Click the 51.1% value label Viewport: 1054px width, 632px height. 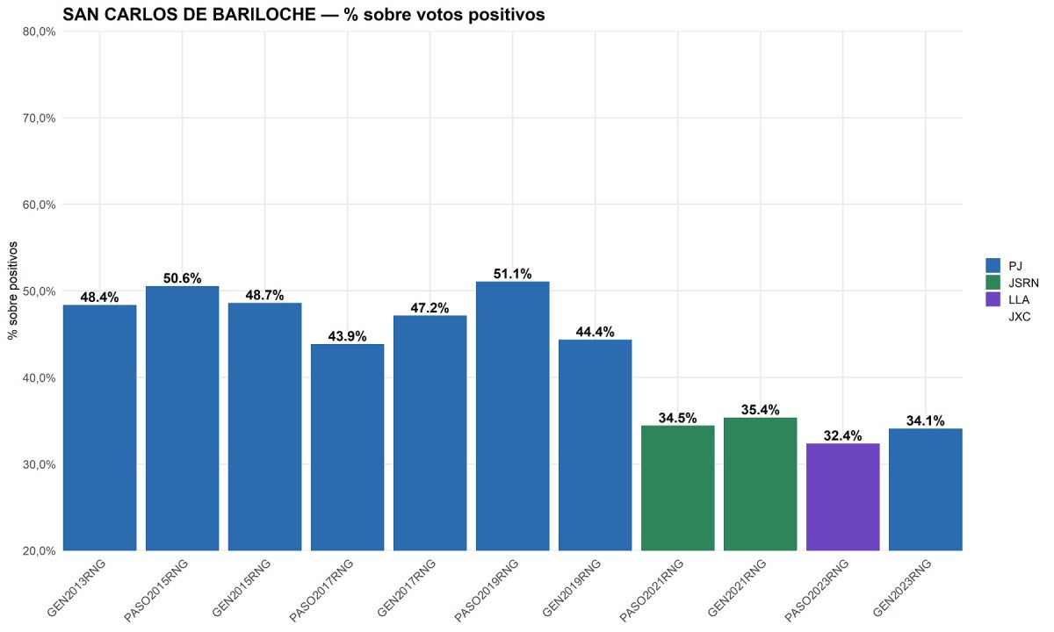pyautogui.click(x=513, y=274)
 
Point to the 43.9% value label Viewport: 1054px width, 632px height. pyautogui.click(x=348, y=336)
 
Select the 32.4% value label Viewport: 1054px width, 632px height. pyautogui.click(x=843, y=435)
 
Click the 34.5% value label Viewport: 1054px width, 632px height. pyautogui.click(x=678, y=418)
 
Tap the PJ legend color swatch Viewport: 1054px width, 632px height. pyautogui.click(x=993, y=264)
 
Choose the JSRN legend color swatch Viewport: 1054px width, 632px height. pyautogui.click(x=993, y=282)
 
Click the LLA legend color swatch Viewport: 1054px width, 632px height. pyautogui.click(x=993, y=299)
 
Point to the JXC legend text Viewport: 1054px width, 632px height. pyautogui.click(x=1020, y=317)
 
